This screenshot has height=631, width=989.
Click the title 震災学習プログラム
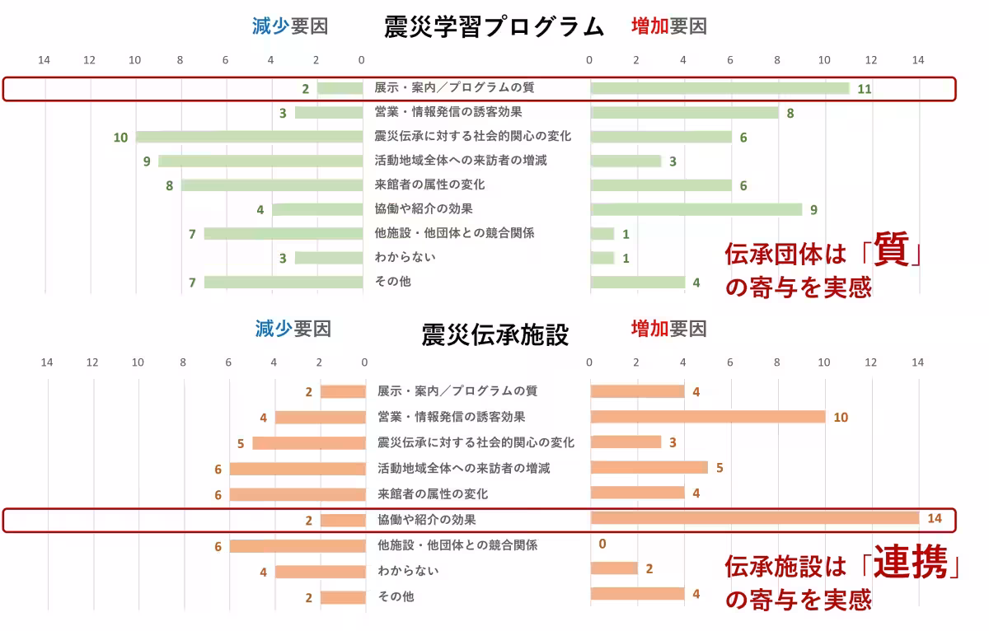[x=494, y=26]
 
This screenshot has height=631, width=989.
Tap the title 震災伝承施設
[x=494, y=334]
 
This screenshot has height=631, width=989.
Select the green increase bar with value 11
[x=719, y=88]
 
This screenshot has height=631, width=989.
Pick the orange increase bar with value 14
[x=754, y=517]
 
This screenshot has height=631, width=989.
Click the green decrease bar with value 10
[x=250, y=137]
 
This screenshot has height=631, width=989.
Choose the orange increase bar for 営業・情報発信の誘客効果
[x=707, y=417]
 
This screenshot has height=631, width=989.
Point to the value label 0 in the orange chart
[x=602, y=544]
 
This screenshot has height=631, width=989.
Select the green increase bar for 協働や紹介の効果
[x=696, y=209]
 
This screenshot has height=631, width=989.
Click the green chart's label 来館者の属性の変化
[x=429, y=185]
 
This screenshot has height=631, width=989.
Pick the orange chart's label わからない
[x=408, y=570]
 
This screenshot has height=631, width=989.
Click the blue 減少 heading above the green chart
[x=270, y=26]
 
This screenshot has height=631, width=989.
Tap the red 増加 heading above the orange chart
[x=649, y=329]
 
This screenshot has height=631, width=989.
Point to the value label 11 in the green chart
[x=864, y=89]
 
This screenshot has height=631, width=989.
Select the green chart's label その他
[x=392, y=282]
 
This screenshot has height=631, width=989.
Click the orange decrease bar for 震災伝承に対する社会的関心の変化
[x=308, y=442]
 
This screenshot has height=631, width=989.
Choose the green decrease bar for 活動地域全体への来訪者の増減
[x=260, y=161]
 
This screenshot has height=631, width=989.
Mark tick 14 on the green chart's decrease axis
[x=44, y=60]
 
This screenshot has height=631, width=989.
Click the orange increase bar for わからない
[x=614, y=568]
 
